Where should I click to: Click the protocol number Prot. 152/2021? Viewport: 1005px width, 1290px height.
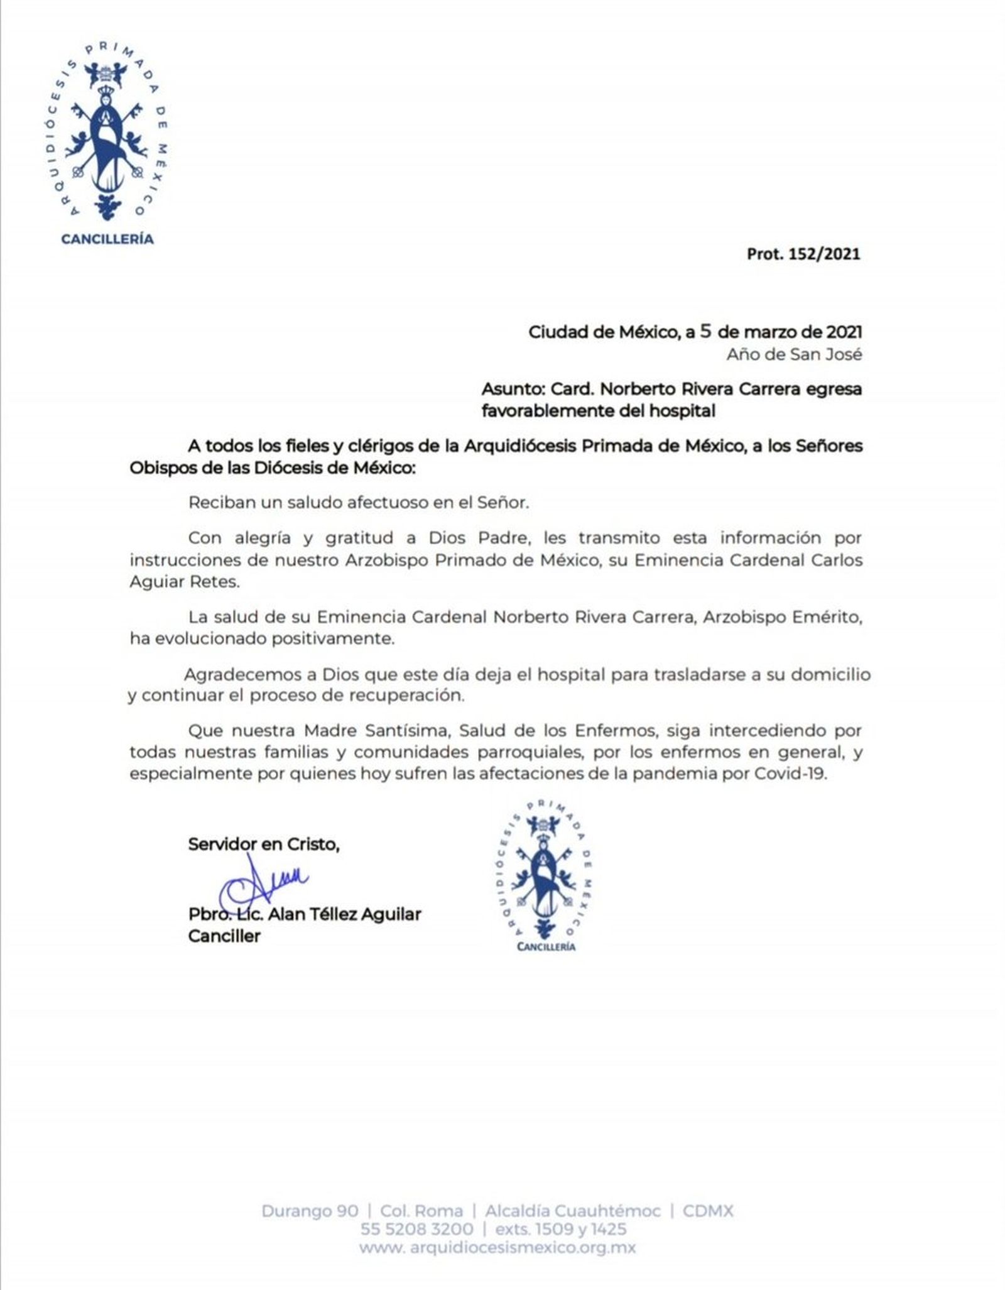803,254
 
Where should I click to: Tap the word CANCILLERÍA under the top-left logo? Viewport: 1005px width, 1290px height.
107,239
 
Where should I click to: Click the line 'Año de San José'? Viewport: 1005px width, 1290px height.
794,354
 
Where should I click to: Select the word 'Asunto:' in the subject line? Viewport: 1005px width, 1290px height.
513,389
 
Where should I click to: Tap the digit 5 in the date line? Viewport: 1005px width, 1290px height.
705,331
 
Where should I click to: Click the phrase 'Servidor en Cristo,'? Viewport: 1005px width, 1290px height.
264,845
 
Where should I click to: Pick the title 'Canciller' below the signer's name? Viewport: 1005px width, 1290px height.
224,936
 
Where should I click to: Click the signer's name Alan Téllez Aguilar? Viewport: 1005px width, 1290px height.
344,914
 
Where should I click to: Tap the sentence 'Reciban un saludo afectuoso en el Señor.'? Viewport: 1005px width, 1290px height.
359,503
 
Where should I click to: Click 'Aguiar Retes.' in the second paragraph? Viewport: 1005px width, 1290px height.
185,581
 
